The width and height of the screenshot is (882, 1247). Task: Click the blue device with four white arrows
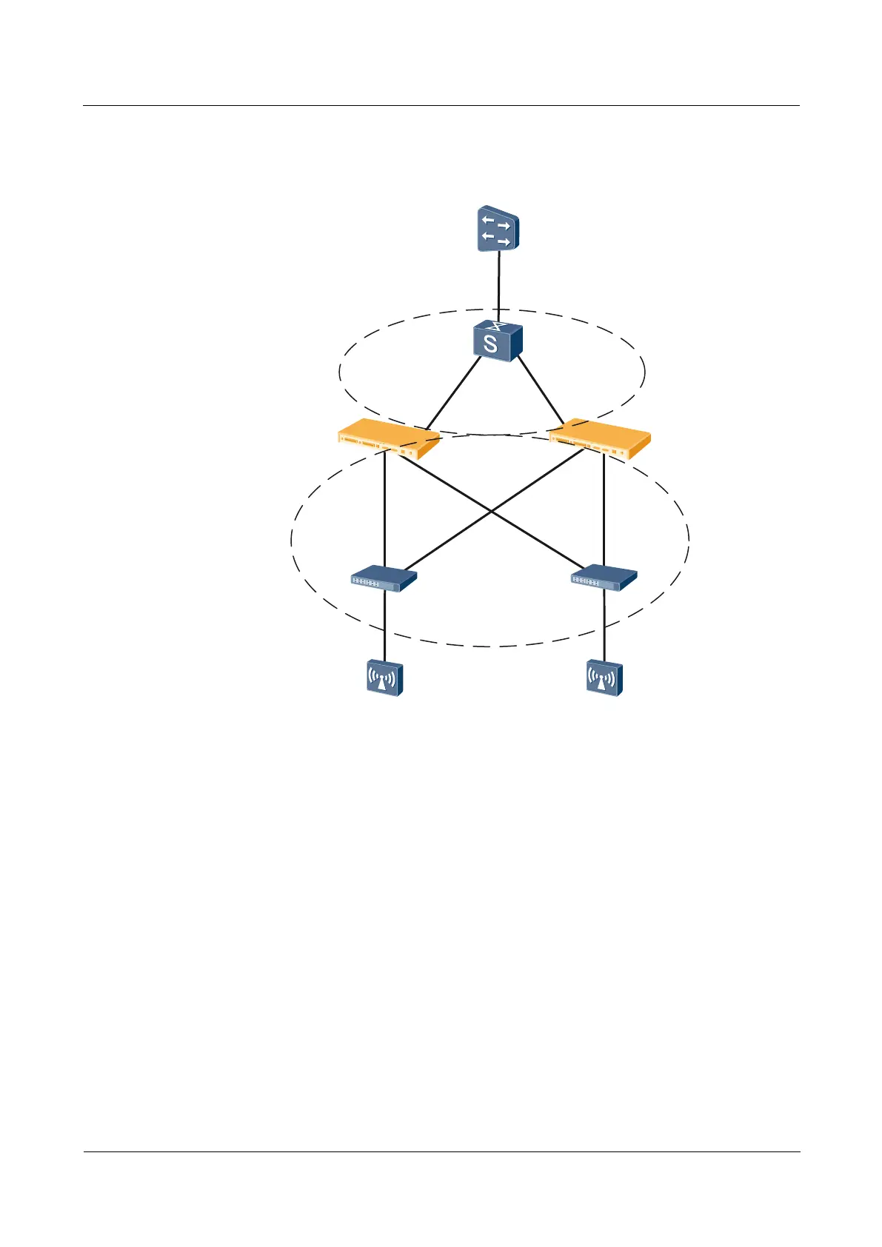498,230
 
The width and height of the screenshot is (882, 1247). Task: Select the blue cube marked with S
497,342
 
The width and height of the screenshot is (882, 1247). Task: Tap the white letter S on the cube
490,344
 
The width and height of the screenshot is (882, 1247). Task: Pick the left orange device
388,439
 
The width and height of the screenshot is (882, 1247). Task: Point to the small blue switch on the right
604,578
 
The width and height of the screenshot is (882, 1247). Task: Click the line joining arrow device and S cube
498,285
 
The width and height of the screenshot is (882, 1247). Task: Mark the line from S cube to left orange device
452,395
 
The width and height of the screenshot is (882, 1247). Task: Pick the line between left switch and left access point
384,626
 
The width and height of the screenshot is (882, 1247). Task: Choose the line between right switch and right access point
604,626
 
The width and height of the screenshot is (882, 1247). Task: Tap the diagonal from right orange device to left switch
452,538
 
